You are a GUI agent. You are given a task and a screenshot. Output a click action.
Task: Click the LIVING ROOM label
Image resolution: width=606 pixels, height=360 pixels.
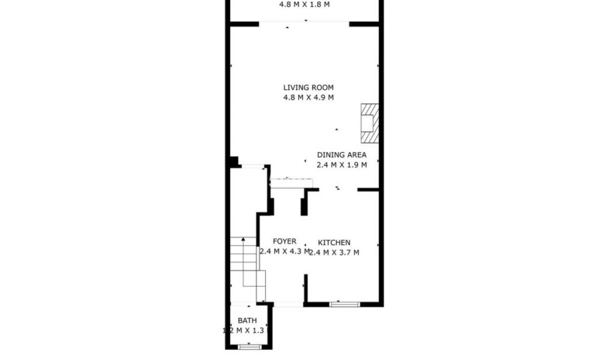[308, 87]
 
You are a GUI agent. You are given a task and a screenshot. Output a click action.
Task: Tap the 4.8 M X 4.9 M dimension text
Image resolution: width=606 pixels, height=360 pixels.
[308, 98]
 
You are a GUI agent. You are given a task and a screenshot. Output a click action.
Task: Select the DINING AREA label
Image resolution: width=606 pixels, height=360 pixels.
[342, 155]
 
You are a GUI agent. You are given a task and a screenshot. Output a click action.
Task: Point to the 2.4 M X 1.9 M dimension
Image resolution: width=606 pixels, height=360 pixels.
[342, 165]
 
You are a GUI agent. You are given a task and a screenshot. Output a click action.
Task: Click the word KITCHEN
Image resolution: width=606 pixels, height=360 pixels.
[334, 243]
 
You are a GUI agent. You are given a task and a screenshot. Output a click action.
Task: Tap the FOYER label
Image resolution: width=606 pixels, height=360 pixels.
[284, 241]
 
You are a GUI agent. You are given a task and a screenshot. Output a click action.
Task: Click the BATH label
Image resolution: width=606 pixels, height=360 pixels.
[247, 321]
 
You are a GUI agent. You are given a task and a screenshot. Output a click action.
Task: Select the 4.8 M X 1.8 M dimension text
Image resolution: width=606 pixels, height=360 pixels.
[304, 5]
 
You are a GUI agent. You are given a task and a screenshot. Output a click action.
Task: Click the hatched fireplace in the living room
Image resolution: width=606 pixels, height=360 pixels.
[370, 123]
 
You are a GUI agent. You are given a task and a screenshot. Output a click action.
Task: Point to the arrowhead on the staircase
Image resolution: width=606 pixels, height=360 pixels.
[243, 239]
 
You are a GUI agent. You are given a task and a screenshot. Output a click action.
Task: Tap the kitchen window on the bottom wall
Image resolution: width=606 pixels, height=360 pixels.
[344, 304]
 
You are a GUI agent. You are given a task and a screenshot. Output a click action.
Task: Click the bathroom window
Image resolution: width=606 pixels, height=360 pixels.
[249, 347]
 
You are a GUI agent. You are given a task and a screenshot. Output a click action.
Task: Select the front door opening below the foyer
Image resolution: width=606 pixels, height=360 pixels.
[288, 304]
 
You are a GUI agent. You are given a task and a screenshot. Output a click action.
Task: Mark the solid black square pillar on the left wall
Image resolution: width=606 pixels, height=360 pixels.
[234, 162]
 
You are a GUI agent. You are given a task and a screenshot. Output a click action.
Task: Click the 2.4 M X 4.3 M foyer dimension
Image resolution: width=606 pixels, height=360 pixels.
[284, 251]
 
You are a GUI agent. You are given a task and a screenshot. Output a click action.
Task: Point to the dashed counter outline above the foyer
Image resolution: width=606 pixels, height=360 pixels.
[291, 183]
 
